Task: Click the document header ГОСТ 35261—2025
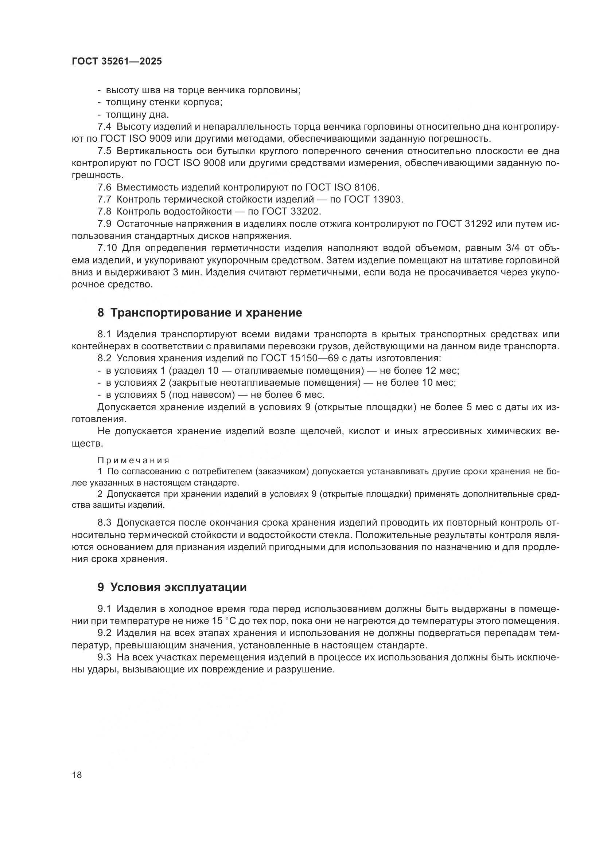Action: [117, 62]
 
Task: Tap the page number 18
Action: [77, 775]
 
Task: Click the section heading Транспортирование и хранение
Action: [206, 313]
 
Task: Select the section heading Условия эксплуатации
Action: [178, 588]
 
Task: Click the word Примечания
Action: [133, 460]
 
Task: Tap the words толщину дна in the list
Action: [137, 115]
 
